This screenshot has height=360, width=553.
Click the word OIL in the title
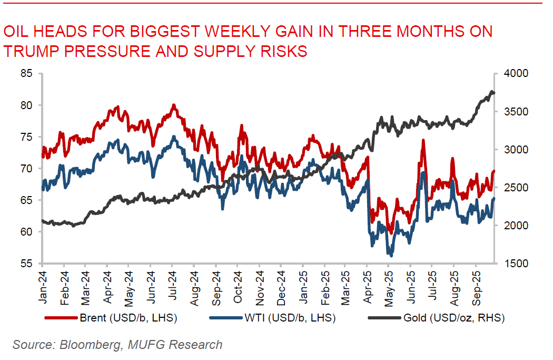tap(16, 32)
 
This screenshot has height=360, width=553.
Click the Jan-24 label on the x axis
tap(43, 284)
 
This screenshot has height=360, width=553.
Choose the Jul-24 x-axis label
tap(173, 284)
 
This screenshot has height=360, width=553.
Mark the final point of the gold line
tap(494, 93)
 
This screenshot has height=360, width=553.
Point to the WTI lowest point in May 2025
tap(390, 255)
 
